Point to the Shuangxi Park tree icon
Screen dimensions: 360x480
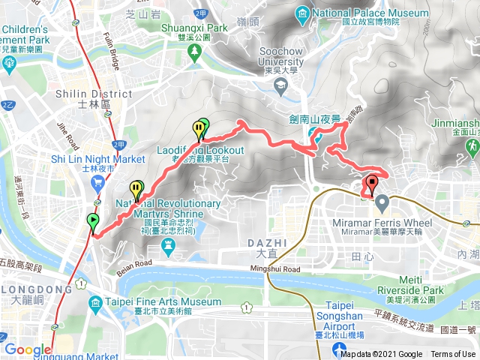pos(195,51)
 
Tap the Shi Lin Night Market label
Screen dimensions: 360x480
pos(97,159)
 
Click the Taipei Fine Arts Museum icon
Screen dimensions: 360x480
pos(95,302)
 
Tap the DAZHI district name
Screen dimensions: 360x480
pos(266,243)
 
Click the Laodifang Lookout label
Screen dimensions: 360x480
pos(200,150)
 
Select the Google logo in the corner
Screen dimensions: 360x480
pos(27,349)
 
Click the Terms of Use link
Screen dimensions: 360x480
pos(452,355)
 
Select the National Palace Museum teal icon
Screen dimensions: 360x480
pos(303,13)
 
